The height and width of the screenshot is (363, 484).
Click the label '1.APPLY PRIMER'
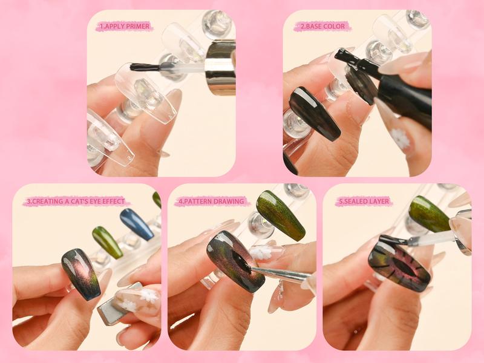[x=123, y=27]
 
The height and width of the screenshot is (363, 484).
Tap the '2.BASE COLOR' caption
[x=322, y=27]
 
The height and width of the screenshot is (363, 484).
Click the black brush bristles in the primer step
[x=144, y=67]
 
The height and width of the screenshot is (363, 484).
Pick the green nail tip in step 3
[x=107, y=241]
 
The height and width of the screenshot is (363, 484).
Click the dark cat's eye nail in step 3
[x=81, y=273]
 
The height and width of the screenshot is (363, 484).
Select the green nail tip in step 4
[x=280, y=215]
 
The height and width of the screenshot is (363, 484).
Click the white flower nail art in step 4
[x=261, y=252]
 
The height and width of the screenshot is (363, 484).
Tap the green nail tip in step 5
[x=429, y=214]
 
